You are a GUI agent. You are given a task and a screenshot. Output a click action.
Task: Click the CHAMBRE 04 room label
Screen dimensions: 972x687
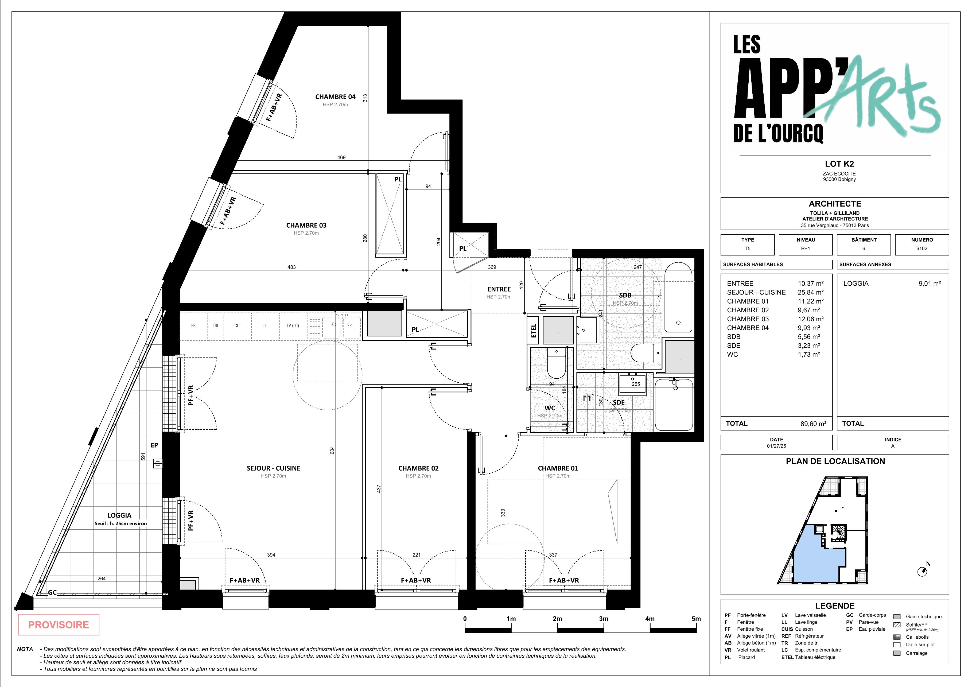point(335,97)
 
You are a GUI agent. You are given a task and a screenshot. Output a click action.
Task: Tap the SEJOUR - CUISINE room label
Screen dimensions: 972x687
point(274,468)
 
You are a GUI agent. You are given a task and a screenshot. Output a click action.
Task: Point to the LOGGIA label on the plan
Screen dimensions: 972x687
point(119,515)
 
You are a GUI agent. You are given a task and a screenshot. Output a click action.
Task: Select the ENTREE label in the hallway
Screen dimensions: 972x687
point(499,289)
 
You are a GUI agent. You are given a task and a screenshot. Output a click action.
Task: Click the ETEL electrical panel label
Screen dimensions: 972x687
point(534,331)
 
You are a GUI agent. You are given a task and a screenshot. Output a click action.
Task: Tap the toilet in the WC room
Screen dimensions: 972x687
point(556,363)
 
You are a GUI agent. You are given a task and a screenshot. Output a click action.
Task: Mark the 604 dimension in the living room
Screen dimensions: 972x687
point(332,450)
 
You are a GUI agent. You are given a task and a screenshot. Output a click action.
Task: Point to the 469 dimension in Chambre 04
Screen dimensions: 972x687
point(341,157)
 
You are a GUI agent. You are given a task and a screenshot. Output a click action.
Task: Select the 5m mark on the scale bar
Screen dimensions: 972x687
point(696,619)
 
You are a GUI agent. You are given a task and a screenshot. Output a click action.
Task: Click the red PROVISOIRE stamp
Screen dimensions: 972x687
point(59,625)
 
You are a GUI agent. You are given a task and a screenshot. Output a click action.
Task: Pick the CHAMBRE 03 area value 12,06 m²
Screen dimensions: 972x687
point(810,319)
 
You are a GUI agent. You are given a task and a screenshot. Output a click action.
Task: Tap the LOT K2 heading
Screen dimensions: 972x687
point(833,164)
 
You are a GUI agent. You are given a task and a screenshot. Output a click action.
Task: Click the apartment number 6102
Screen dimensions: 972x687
point(922,249)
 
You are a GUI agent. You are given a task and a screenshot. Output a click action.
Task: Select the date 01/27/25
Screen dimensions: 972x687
point(776,446)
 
